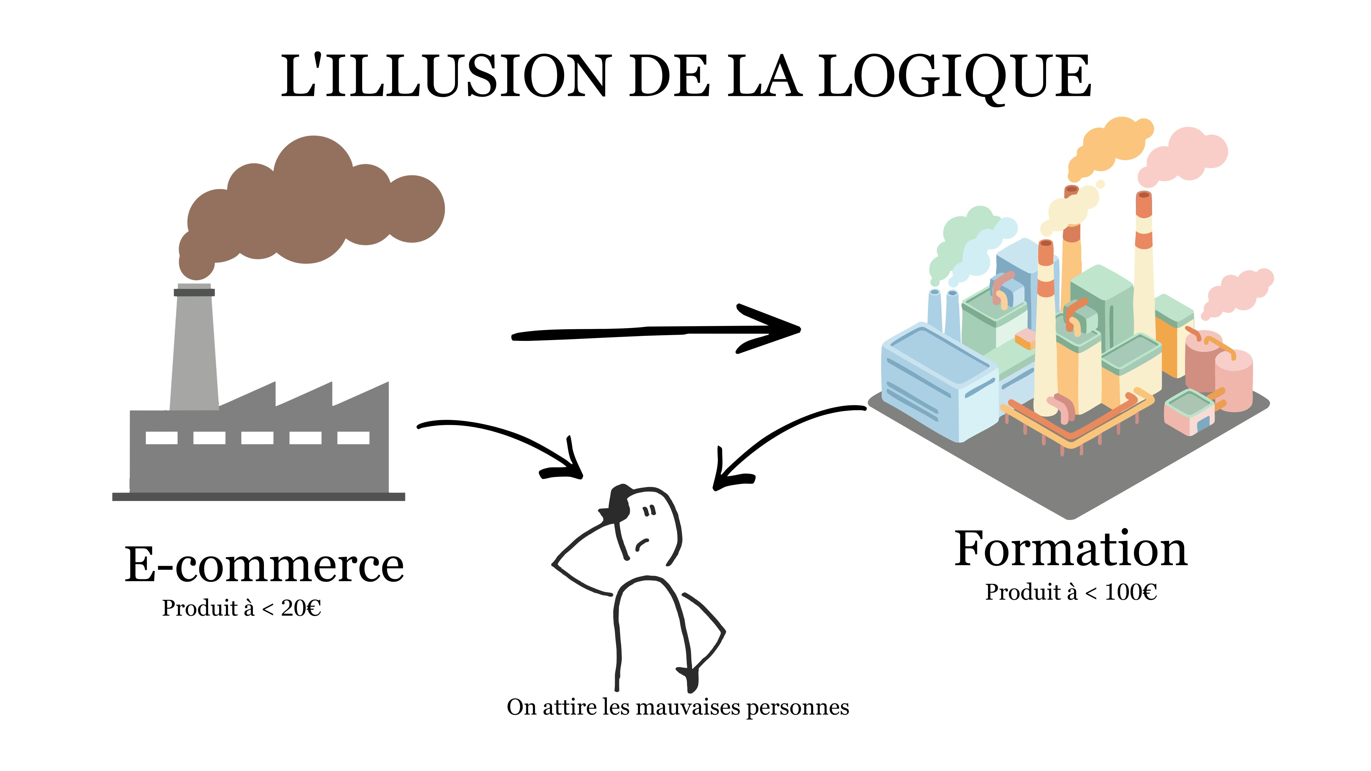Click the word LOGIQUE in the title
point(954,76)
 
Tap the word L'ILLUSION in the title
point(444,76)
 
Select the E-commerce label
point(265,565)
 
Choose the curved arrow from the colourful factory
point(782,436)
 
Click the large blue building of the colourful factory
point(937,380)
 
